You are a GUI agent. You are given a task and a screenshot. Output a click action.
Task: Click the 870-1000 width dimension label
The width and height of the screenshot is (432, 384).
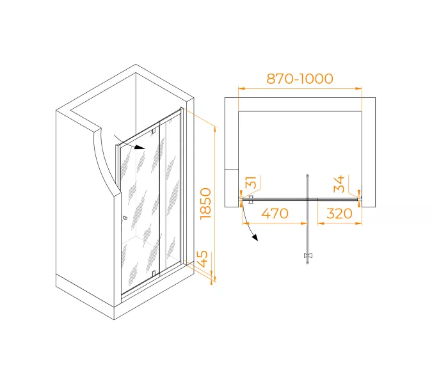(x=300, y=79)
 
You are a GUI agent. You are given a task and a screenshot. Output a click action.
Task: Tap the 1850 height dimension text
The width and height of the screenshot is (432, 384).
(x=206, y=204)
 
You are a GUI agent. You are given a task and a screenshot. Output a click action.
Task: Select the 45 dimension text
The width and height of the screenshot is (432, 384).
(x=203, y=259)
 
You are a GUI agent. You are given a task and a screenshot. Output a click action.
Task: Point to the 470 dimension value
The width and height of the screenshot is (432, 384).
(x=275, y=214)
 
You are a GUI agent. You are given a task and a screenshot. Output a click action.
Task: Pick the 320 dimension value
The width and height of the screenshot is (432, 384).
(x=339, y=214)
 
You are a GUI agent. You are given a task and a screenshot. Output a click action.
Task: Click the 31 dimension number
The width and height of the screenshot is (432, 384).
(x=251, y=182)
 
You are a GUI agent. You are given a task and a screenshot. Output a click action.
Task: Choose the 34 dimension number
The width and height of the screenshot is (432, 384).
(x=339, y=184)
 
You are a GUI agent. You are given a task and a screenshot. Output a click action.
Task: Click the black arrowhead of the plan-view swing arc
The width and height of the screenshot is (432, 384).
(x=255, y=237)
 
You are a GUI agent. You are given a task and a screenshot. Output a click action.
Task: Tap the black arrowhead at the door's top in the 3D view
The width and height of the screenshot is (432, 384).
(x=140, y=148)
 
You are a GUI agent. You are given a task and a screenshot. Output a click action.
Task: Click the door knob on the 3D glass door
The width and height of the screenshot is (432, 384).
(x=125, y=218)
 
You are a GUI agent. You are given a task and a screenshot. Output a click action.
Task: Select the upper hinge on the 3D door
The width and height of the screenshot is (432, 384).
(x=154, y=131)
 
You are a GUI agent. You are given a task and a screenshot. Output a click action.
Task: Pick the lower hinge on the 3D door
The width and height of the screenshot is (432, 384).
(x=154, y=273)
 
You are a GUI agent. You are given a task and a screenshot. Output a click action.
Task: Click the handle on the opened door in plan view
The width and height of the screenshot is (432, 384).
(x=308, y=256)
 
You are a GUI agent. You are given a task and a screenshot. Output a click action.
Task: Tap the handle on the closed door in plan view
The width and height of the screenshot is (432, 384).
(x=251, y=200)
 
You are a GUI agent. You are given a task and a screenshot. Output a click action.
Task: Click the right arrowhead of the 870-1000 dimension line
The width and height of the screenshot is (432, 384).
(x=358, y=88)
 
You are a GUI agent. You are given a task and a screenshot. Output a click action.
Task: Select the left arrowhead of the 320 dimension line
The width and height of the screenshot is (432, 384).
(x=321, y=223)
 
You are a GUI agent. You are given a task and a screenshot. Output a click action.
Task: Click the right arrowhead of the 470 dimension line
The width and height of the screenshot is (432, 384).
(x=304, y=223)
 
